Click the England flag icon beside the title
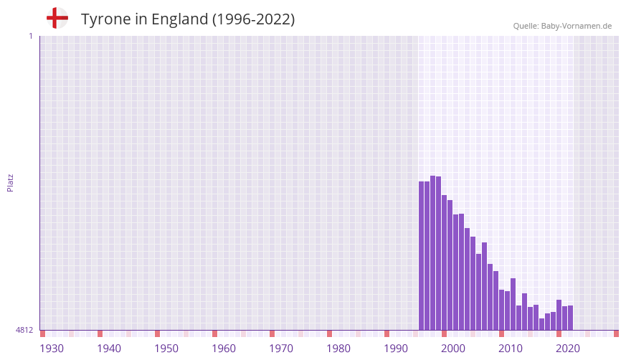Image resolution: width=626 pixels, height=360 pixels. point(57,19)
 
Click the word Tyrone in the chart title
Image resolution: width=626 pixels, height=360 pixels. point(107,19)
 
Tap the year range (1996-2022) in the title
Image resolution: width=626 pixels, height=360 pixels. point(253,19)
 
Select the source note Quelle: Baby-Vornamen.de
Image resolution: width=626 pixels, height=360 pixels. point(562,26)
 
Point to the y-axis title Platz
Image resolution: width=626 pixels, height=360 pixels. point(10,182)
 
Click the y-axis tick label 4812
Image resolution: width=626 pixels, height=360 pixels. point(24,330)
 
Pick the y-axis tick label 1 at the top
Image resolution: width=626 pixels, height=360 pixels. point(30,36)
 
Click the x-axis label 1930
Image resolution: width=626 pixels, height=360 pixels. point(52,349)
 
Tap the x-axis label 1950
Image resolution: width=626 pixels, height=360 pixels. point(166,349)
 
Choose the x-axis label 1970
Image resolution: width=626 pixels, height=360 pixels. point(281,349)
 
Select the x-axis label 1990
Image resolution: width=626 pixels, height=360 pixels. point(396,349)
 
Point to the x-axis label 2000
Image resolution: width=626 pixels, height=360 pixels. point(453,349)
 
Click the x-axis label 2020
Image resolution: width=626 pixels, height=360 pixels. point(568,349)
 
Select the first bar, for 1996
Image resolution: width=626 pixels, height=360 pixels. point(422,255)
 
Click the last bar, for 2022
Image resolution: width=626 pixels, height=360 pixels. point(570,318)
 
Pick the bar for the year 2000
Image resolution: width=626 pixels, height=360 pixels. point(444,262)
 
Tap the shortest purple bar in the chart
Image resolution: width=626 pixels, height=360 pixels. point(541,324)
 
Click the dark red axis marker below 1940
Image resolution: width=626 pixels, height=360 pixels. point(100,333)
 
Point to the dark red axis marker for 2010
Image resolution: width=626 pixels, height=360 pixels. point(501,333)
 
